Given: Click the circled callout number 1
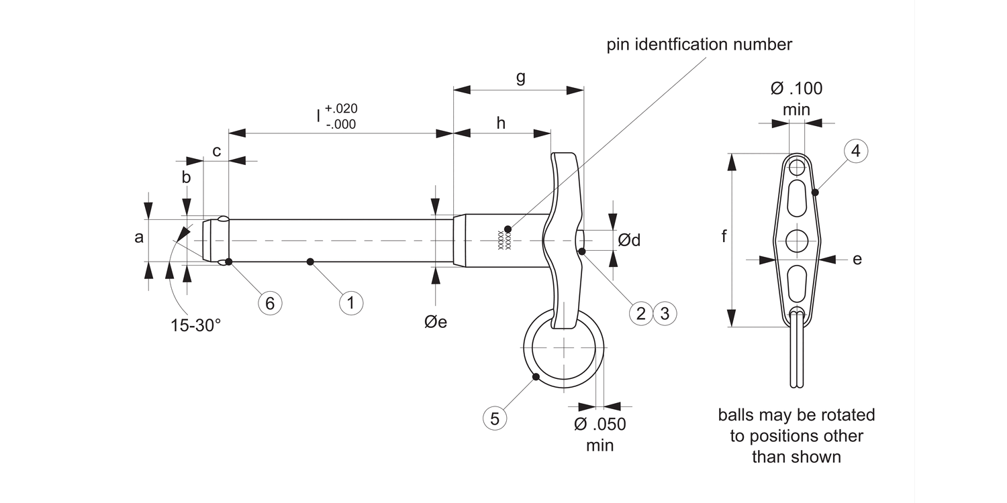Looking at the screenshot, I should [350, 302].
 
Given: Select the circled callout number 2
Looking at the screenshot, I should [641, 313].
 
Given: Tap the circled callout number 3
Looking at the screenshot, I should [665, 313].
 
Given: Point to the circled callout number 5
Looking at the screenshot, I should [495, 418].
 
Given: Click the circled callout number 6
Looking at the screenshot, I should [270, 303].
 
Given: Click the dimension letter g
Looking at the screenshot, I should [520, 77].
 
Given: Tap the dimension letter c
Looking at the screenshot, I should [217, 152].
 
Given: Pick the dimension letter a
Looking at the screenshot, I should [139, 237].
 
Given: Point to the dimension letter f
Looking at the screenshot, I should [724, 237].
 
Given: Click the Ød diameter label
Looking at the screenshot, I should [629, 240].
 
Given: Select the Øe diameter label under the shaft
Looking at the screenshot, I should [436, 322].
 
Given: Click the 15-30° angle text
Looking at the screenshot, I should [195, 326].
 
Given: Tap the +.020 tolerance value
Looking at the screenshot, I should [341, 109].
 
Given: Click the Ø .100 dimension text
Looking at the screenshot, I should [796, 88].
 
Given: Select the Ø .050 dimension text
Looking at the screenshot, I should [600, 425].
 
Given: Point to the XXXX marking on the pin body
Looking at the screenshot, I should [503, 240].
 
